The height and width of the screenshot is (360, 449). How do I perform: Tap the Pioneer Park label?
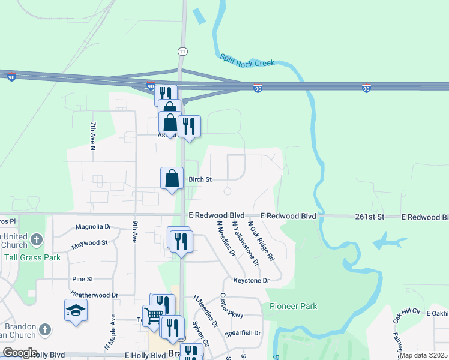(x=293, y=306)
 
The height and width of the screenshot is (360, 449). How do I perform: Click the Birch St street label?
(x=200, y=179)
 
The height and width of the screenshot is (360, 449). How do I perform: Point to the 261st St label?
(x=369, y=215)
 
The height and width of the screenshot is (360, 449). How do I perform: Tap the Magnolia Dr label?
(x=93, y=227)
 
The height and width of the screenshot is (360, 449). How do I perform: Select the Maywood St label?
(x=89, y=243)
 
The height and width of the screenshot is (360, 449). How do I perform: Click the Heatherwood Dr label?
(x=95, y=295)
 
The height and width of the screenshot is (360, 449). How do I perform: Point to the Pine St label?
(x=82, y=279)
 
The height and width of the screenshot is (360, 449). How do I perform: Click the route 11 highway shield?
(x=181, y=52)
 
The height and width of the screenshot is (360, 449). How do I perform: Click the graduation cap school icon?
(x=76, y=310)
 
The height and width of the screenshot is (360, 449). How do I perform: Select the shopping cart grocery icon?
(x=154, y=314)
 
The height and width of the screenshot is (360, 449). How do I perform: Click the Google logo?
(x=20, y=353)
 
